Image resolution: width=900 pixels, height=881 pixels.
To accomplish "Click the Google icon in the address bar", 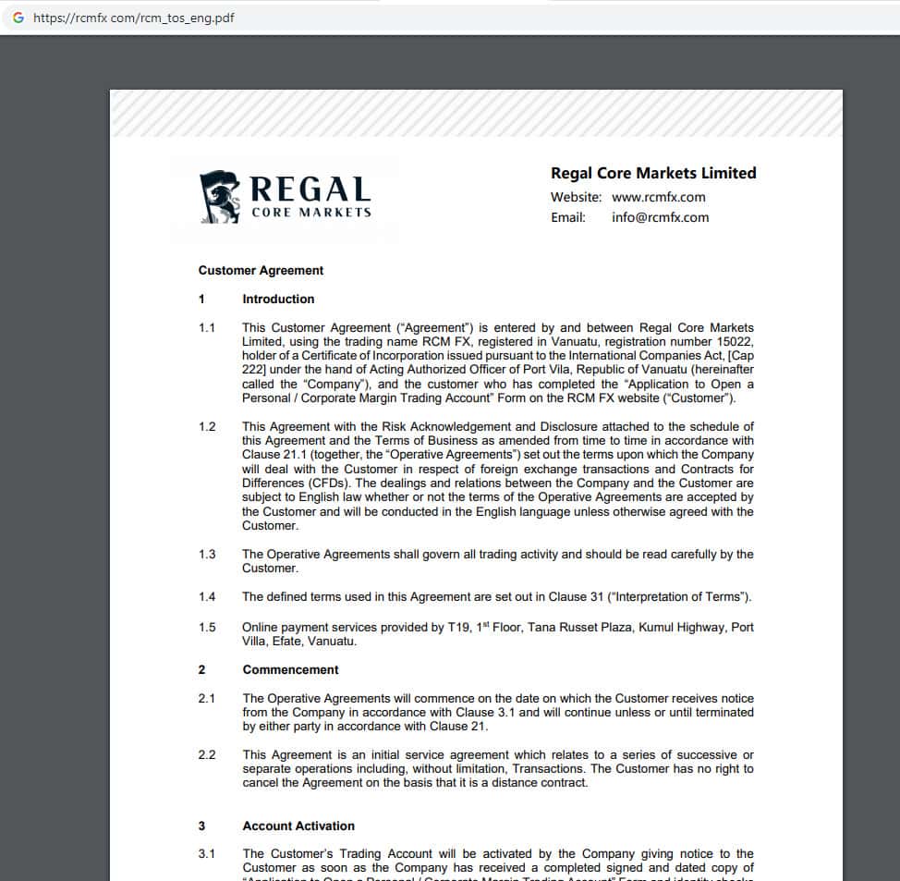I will point(18,18).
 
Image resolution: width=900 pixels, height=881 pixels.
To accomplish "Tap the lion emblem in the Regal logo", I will point(220,197).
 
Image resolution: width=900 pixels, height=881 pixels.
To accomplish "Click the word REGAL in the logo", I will point(310,190).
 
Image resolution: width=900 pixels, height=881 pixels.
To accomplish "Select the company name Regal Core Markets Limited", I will point(653,173).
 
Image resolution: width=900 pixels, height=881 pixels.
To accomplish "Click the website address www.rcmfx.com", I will point(658,197).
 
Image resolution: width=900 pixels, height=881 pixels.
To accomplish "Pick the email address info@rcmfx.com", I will point(660,217).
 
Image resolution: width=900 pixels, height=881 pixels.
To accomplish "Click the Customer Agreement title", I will point(261,271).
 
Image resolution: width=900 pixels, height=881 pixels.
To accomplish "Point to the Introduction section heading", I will point(278,300).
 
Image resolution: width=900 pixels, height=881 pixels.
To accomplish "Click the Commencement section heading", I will point(290,670).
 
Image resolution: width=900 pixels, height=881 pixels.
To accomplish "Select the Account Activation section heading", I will point(298,826).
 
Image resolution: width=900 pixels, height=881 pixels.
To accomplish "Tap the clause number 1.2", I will point(207,427).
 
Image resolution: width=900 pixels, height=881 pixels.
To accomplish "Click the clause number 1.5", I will point(207,628).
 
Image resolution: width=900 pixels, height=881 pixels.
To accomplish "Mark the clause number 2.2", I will point(207,755).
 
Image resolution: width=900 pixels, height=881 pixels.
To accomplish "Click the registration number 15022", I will point(736,342).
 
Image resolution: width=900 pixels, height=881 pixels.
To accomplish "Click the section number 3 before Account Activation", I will point(201,826).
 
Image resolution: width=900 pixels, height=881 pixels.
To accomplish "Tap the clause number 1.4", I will point(207,597).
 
